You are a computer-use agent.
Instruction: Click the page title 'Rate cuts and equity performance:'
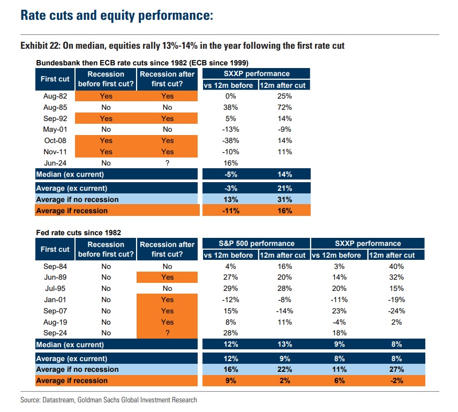[117, 16]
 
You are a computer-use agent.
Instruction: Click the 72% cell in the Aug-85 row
[285, 107]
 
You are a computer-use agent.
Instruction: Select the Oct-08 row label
[55, 140]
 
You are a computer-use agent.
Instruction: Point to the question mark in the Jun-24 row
[168, 163]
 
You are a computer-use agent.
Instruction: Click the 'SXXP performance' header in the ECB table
[257, 73]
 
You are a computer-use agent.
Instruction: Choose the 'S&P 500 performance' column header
[257, 243]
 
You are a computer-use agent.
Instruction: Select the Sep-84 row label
[55, 266]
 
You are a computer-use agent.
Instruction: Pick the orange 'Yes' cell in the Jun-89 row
[168, 277]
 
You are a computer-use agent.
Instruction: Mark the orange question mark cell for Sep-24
[168, 333]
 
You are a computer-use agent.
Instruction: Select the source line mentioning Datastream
[109, 400]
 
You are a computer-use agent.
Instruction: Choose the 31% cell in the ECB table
[285, 199]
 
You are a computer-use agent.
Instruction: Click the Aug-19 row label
[55, 322]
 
